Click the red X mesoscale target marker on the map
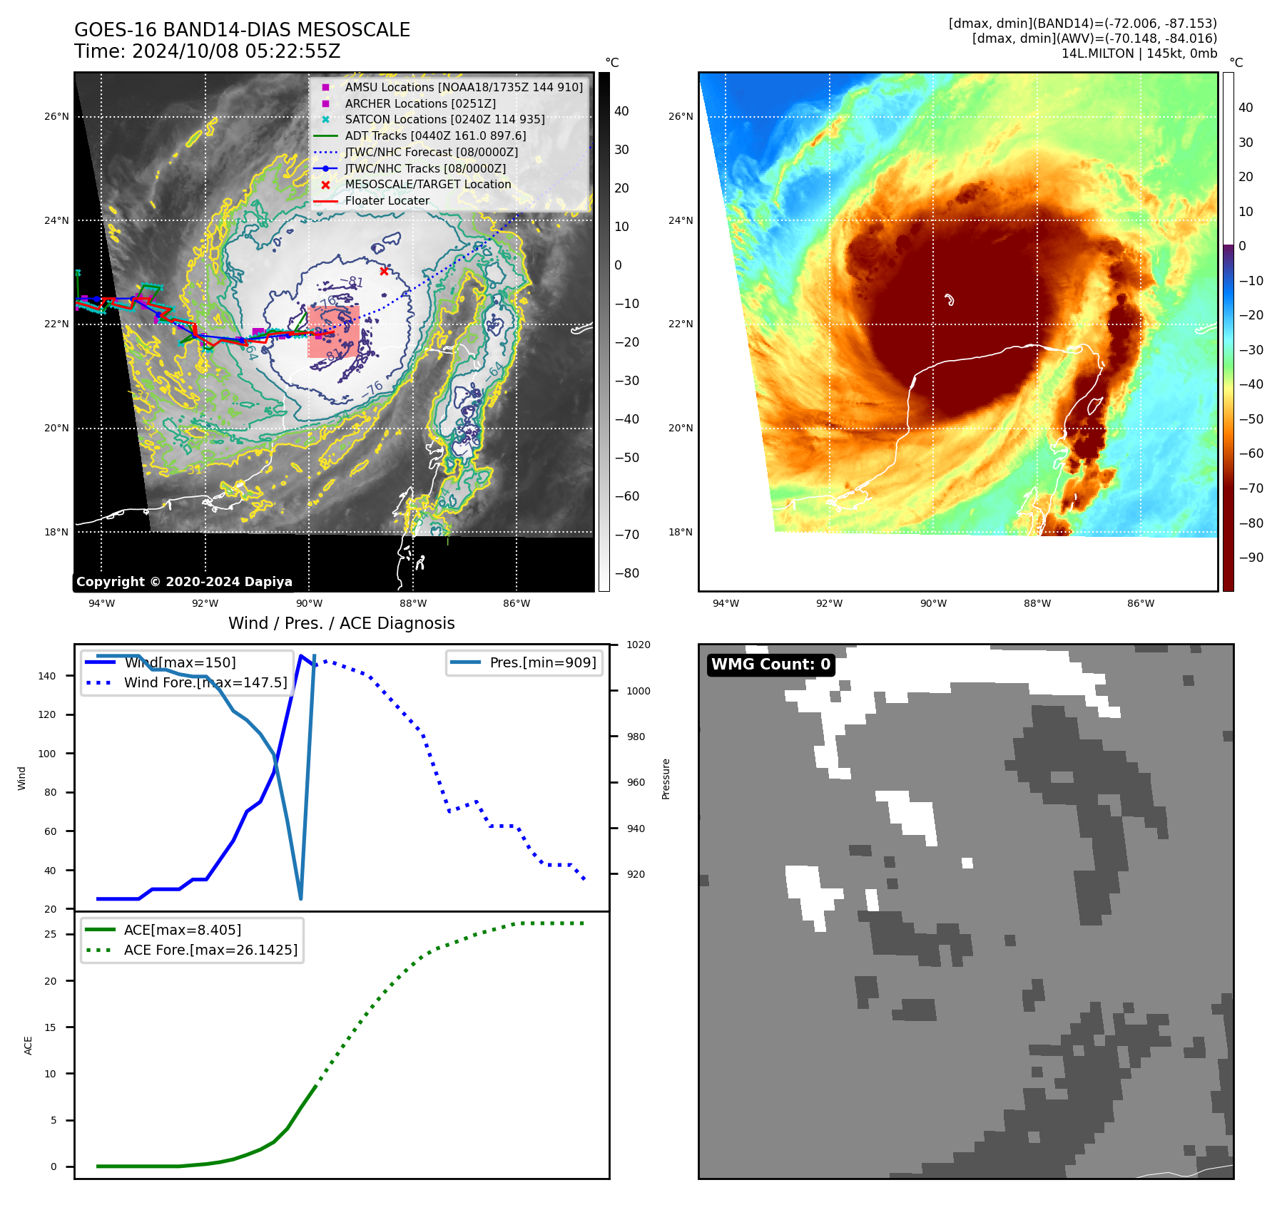point(384,271)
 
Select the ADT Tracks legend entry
point(435,135)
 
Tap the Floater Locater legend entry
point(387,200)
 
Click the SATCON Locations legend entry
point(444,119)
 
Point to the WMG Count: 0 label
point(770,665)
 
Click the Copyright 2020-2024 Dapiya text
point(184,582)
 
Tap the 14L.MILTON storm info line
point(1139,53)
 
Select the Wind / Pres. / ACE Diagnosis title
point(341,623)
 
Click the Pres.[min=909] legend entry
point(542,662)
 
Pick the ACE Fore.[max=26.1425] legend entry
point(210,950)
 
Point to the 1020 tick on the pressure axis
point(638,645)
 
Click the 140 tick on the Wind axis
point(47,676)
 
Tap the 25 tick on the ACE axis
point(51,934)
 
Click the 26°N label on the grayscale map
point(57,116)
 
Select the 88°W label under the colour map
point(1037,603)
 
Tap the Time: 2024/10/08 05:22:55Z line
point(208,51)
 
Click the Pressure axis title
point(666,779)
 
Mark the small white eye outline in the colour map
point(949,299)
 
